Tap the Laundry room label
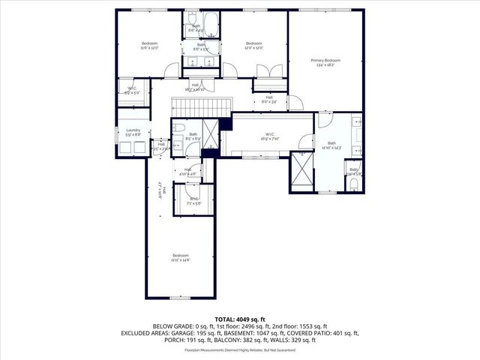(133, 132)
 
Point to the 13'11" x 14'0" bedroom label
(181, 257)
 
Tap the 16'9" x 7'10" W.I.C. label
(271, 136)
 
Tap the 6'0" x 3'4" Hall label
(269, 99)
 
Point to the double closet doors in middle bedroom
(266, 70)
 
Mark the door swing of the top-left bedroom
(172, 70)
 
